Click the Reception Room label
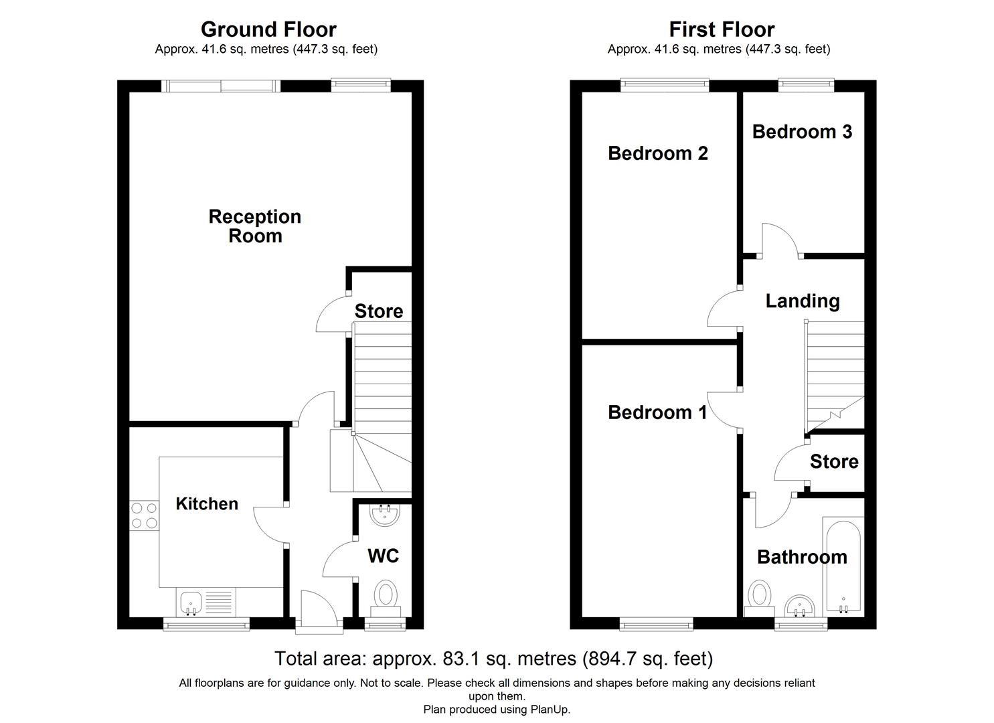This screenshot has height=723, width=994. pyautogui.click(x=255, y=226)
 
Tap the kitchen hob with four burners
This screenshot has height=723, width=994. pyautogui.click(x=144, y=515)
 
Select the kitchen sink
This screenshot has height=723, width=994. pyautogui.click(x=190, y=601)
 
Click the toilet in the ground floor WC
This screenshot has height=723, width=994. pyautogui.click(x=385, y=595)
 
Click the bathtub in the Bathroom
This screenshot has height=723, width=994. pyautogui.click(x=843, y=566)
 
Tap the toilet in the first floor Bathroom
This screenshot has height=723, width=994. pyautogui.click(x=759, y=596)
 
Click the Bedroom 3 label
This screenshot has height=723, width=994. pyautogui.click(x=802, y=132)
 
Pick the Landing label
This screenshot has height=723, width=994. pyautogui.click(x=803, y=301)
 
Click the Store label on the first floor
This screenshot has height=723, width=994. pyautogui.click(x=833, y=462)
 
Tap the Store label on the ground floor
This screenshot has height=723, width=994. pyautogui.click(x=379, y=311)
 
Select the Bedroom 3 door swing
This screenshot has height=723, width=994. pyautogui.click(x=778, y=239)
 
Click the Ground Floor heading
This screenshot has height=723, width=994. pyautogui.click(x=268, y=29)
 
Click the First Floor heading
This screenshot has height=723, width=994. pyautogui.click(x=722, y=29)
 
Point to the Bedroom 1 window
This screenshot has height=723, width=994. pyautogui.click(x=656, y=625)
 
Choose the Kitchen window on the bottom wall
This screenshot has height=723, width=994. pyautogui.click(x=206, y=625)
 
